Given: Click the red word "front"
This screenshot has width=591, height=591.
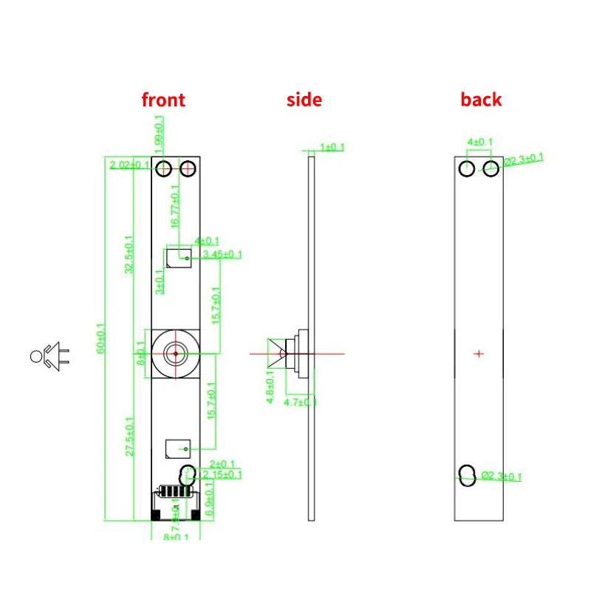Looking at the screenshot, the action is tap(163, 100).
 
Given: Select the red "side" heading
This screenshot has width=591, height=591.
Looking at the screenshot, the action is tap(304, 100).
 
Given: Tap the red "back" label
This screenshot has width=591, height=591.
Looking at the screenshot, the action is tap(481, 100).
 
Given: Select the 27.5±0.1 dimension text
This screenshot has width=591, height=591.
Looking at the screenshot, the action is tap(130, 436).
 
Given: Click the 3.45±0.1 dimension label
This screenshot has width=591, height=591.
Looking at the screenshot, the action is tap(222, 255).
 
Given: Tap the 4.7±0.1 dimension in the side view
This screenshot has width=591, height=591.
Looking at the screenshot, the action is tap(301, 402).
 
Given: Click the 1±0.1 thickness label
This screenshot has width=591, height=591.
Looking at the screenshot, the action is tap(331, 147).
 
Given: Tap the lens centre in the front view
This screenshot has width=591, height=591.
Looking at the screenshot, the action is tap(176, 353).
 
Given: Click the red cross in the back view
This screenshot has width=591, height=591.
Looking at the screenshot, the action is tap(479, 354).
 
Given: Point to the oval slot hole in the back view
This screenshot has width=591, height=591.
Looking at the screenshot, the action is tap(467, 475).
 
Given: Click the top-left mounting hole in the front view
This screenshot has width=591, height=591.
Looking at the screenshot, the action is tap(164, 168).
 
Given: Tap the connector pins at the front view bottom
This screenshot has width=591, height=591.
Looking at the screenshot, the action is tap(174, 491).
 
